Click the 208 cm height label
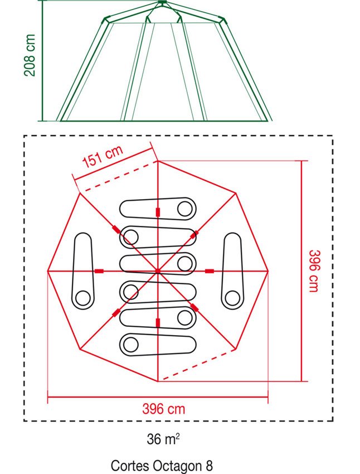point(30,55)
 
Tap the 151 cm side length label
point(103,156)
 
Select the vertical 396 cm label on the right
point(314,271)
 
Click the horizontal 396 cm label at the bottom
point(164,409)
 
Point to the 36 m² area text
point(163,439)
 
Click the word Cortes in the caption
point(130,466)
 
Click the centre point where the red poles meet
point(158,271)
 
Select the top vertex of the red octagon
point(158,161)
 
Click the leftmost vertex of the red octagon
point(48,271)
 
